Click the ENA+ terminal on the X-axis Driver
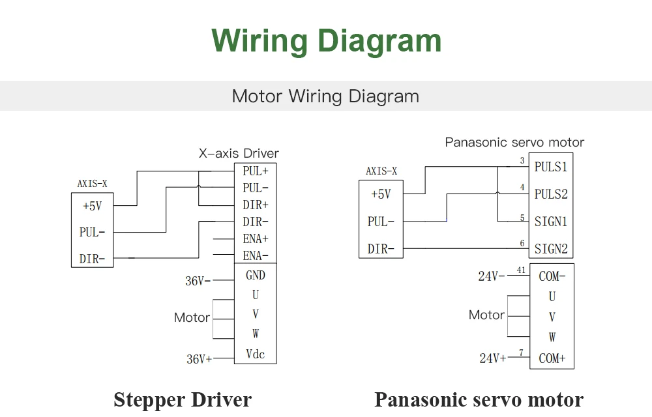click(256, 239)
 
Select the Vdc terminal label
click(256, 354)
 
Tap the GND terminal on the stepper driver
click(256, 275)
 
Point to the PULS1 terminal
click(551, 167)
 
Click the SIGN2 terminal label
click(551, 249)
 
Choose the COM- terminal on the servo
click(552, 276)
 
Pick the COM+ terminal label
click(552, 358)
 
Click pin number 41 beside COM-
click(522, 270)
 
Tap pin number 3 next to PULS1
click(522, 160)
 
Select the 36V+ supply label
click(199, 359)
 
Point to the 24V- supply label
click(492, 276)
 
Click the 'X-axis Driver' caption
click(239, 153)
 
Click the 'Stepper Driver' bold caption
click(183, 400)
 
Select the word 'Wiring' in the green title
click(259, 41)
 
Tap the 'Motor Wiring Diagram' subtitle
click(325, 96)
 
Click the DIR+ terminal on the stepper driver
click(256, 205)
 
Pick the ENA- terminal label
click(256, 255)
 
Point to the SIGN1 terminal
click(551, 222)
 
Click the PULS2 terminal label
click(551, 194)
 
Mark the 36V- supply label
click(198, 281)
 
